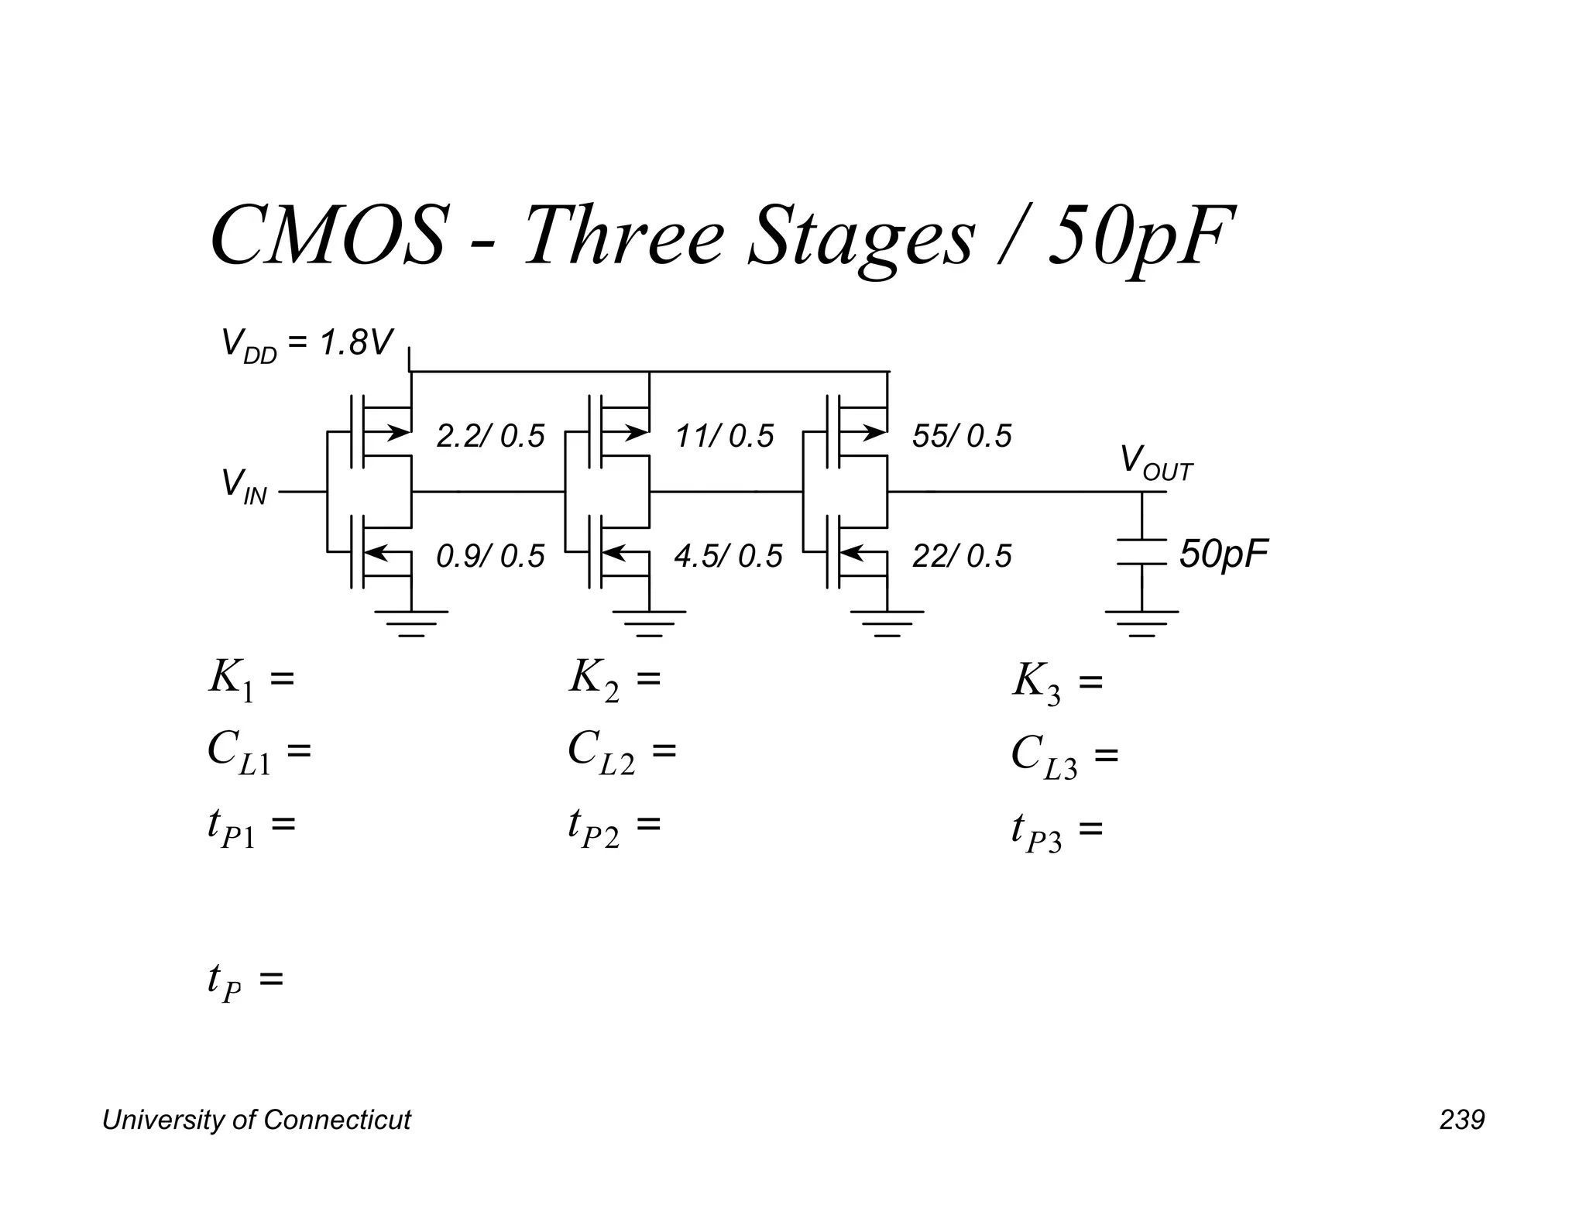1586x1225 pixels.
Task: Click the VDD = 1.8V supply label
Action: (x=307, y=344)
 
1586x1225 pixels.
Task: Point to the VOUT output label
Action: (x=1155, y=463)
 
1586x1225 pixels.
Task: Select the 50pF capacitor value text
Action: (x=1224, y=554)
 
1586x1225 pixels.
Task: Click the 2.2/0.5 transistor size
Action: (x=490, y=437)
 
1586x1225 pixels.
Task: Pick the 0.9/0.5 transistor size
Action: (x=490, y=556)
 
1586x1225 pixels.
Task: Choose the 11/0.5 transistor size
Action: (x=724, y=437)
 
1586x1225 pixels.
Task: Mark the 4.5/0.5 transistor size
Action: (x=728, y=556)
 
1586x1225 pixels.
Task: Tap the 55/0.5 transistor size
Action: (x=962, y=437)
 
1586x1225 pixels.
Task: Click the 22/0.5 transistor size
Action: (x=962, y=556)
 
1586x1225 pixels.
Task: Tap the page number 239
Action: (x=1462, y=1120)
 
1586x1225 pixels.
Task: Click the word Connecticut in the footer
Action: (x=337, y=1120)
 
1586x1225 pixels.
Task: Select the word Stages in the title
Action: (x=860, y=235)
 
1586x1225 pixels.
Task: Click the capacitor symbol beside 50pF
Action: (x=1141, y=552)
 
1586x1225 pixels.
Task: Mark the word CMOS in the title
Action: (x=328, y=235)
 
